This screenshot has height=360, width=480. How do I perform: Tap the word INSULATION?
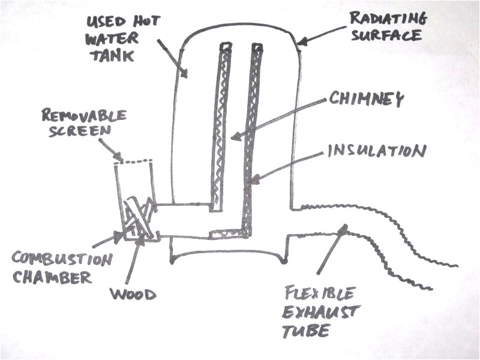click(x=376, y=150)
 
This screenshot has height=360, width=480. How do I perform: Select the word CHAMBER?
click(x=53, y=278)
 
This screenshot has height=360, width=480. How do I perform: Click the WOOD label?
click(x=133, y=294)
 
